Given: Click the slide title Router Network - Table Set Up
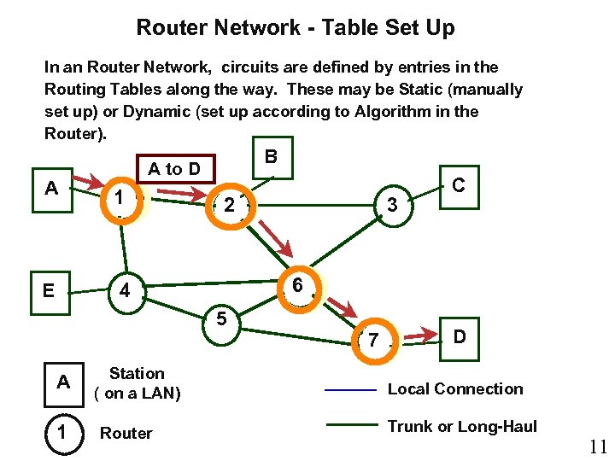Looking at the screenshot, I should pyautogui.click(x=296, y=27).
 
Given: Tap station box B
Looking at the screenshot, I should pyautogui.click(x=271, y=158).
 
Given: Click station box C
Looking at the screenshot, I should pyautogui.click(x=459, y=185).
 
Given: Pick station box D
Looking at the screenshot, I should pyautogui.click(x=460, y=337).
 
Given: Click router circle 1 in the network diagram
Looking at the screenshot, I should pyautogui.click(x=122, y=197).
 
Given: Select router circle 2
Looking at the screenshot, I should pyautogui.click(x=228, y=205).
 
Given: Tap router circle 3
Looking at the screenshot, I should pyautogui.click(x=392, y=205).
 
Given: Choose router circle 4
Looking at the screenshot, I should pyautogui.click(x=125, y=291).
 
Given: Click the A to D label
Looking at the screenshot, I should pyautogui.click(x=174, y=169).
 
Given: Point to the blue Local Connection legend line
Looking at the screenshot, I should pyautogui.click(x=351, y=390).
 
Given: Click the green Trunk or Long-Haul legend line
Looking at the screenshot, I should pyautogui.click(x=351, y=425).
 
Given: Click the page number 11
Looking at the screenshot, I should pyautogui.click(x=598, y=445).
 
